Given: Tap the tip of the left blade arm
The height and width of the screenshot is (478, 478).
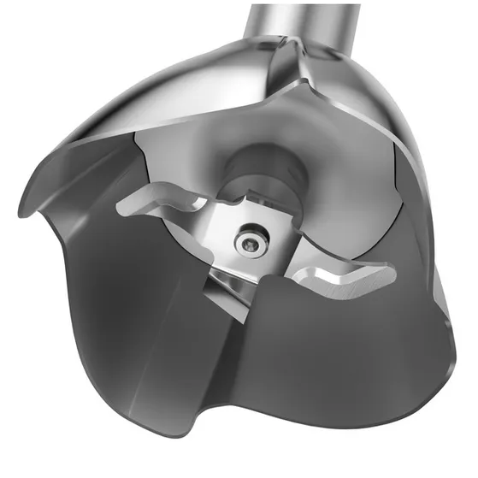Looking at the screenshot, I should pyautogui.click(x=126, y=204).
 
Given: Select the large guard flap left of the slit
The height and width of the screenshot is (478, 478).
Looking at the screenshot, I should pyautogui.click(x=128, y=325).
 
